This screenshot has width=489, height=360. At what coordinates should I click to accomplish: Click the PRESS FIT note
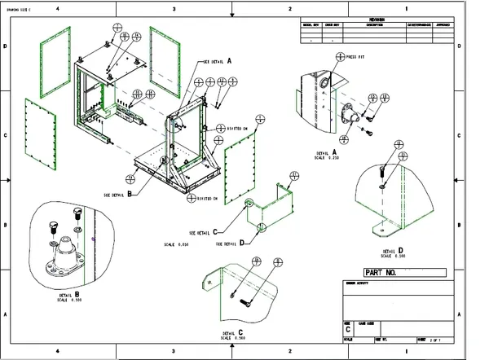click(356, 58)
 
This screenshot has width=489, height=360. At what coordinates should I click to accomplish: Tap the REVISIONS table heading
click(374, 20)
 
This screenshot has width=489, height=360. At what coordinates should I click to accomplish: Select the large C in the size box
click(348, 328)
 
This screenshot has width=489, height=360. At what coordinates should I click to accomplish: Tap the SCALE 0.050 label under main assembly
click(176, 244)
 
